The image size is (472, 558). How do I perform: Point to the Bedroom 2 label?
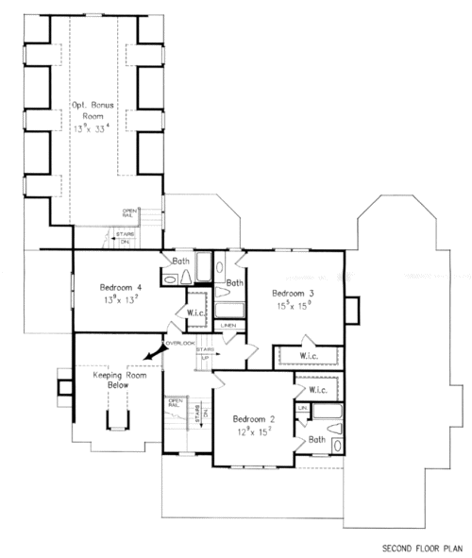[x=255, y=419]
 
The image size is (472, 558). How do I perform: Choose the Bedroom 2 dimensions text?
[x=255, y=433]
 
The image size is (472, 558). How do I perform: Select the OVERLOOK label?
[x=179, y=342]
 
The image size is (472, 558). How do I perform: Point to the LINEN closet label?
[x=228, y=326]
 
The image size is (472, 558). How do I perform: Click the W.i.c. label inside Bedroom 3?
[x=308, y=356]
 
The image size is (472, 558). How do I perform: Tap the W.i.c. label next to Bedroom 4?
[x=197, y=313]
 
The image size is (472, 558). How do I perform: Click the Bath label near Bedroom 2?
[x=316, y=439]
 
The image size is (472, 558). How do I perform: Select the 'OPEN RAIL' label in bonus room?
[x=129, y=213]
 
